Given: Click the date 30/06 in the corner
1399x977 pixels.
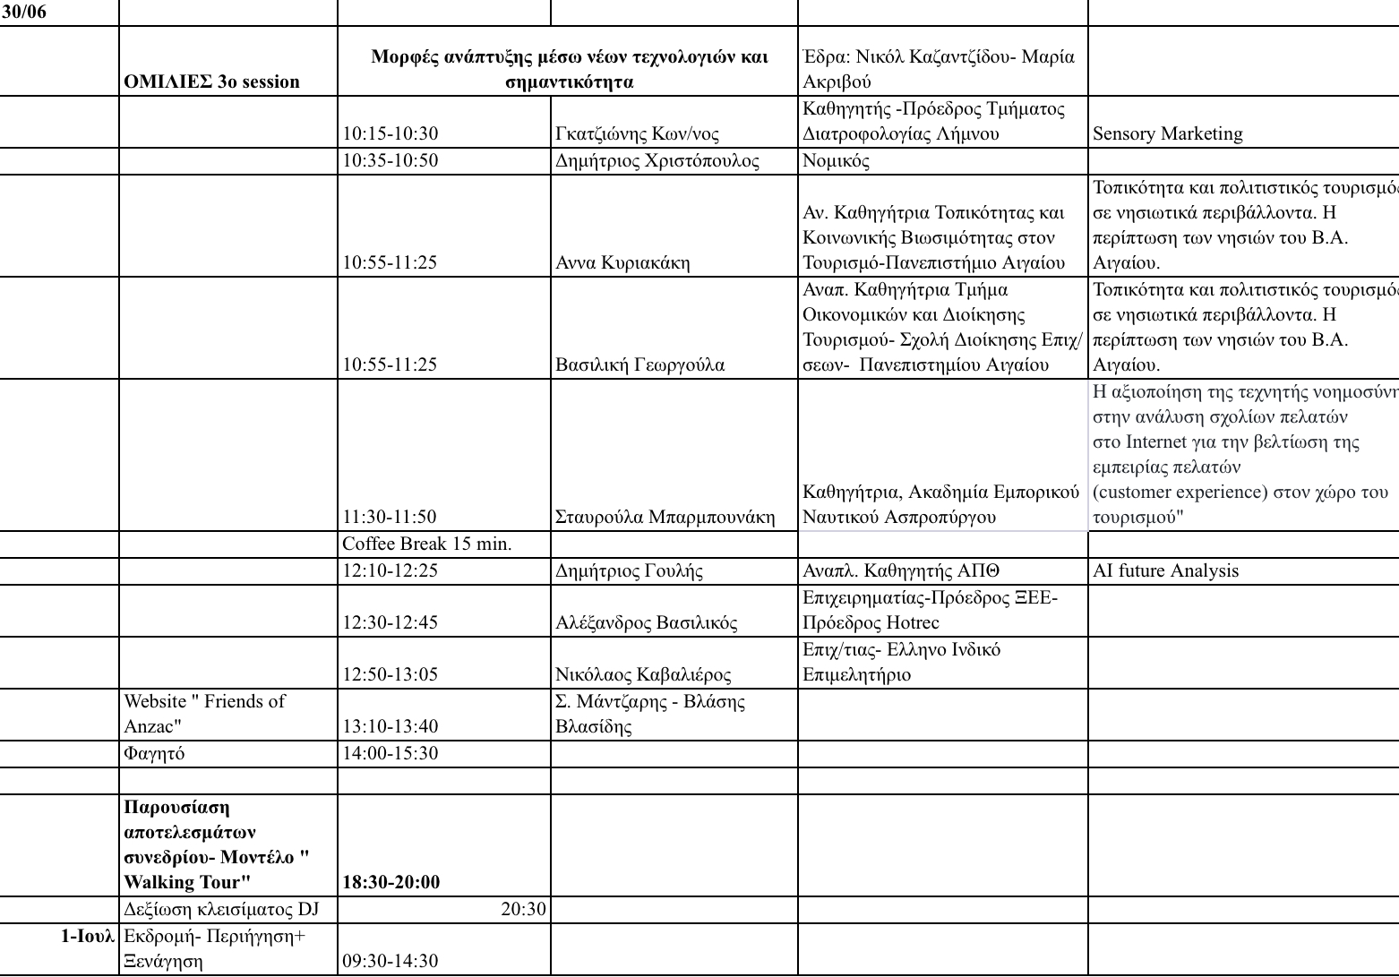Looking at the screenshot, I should click(x=23, y=13).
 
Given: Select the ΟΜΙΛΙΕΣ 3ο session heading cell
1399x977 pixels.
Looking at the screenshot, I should click(x=212, y=81).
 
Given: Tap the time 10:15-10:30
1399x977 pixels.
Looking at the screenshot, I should click(x=391, y=133).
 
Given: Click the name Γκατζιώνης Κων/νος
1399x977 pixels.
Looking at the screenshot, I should click(x=637, y=133).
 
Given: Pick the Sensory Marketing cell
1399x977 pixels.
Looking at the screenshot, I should click(x=1168, y=133).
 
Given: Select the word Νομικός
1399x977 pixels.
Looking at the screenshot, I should click(x=836, y=160).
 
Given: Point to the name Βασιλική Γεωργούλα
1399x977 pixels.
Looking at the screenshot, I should click(x=639, y=364).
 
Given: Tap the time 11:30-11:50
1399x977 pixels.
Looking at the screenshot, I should click(x=390, y=517).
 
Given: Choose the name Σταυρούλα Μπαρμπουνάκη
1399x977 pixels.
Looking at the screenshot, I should click(x=665, y=517).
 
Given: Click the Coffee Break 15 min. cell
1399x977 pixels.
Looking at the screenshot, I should click(x=427, y=544).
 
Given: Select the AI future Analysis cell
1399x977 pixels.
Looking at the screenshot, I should click(x=1166, y=570).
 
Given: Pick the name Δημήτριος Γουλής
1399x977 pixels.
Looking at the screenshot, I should click(x=629, y=570).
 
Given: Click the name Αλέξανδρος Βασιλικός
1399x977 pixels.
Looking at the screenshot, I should click(x=646, y=622).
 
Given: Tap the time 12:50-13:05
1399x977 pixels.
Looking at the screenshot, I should click(x=391, y=674).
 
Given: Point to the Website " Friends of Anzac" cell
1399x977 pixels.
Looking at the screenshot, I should click(x=204, y=713).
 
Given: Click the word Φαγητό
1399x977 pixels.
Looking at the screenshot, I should click(x=154, y=753).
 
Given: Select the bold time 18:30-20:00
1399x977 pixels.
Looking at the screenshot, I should click(x=391, y=882).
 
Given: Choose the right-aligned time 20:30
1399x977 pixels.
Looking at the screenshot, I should click(x=523, y=909).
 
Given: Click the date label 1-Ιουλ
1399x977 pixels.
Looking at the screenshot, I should click(x=88, y=936).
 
